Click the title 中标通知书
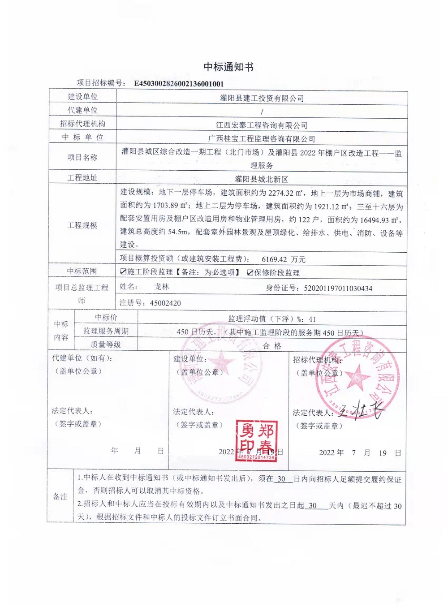228,67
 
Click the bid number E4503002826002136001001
179,84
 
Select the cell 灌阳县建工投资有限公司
262,98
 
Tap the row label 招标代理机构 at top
82,124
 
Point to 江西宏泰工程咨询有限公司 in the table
262,125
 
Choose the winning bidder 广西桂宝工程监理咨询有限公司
262,139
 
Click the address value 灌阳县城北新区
262,179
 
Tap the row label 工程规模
82,225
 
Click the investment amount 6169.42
274,259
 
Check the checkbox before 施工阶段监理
123,272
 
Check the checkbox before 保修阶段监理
250,272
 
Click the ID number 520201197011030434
338,289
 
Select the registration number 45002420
165,303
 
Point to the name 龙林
162,287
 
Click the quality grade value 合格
272,346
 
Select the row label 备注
60,497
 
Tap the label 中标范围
82,271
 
